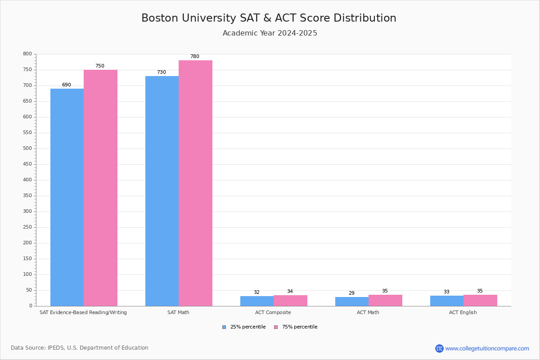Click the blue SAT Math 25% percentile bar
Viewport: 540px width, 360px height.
[x=162, y=191]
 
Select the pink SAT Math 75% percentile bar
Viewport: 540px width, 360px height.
[x=195, y=183]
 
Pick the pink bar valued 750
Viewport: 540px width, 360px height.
[x=100, y=188]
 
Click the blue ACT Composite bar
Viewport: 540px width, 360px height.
[x=257, y=301]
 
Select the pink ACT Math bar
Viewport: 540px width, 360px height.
[x=385, y=301]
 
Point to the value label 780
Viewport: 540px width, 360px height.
[x=195, y=57]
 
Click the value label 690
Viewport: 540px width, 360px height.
[x=67, y=85]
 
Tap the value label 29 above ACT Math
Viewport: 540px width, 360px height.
[x=351, y=293]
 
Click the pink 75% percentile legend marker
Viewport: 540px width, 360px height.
[x=276, y=327]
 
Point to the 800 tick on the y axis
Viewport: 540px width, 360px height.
[x=27, y=54]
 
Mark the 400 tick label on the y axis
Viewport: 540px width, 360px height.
[x=27, y=180]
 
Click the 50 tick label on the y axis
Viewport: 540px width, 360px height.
[x=29, y=290]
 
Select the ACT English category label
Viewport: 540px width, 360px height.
[x=463, y=312]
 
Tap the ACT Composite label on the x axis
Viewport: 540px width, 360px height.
[x=273, y=312]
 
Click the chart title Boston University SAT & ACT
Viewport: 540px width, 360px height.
[x=269, y=18]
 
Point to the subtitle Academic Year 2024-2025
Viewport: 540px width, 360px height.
[x=270, y=33]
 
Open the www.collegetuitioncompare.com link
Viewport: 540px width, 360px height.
[x=487, y=348]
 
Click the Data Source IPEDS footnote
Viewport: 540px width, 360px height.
[x=80, y=348]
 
